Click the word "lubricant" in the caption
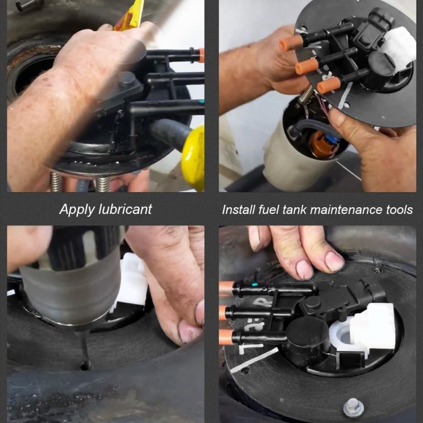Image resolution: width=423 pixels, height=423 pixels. click(125, 209)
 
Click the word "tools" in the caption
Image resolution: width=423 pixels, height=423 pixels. click(399, 210)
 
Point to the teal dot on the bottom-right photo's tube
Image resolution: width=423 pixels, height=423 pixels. click(254, 285)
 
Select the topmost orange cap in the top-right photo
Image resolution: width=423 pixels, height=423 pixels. click(291, 43)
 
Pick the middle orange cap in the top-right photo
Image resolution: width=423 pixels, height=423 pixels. click(307, 66)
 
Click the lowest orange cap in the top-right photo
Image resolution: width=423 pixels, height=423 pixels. click(329, 85)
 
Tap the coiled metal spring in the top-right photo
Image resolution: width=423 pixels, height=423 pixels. click(306, 94)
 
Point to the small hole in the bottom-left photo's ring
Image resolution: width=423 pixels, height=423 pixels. click(86, 366)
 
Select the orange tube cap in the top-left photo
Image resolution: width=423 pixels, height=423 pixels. click(201, 55)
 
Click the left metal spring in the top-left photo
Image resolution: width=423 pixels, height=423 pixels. click(56, 182)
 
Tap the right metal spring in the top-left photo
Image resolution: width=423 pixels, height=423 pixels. click(103, 184)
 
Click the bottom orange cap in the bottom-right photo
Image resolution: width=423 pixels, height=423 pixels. click(225, 337)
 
